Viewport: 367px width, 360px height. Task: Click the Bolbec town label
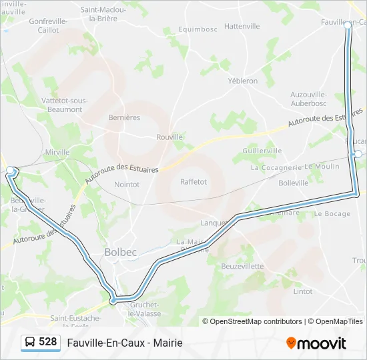[x=120, y=252]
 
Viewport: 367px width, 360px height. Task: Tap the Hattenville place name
[x=242, y=26]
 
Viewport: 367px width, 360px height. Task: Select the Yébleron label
[x=243, y=81]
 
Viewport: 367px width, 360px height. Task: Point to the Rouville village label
[x=169, y=137]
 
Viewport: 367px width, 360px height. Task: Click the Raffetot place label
[x=194, y=181]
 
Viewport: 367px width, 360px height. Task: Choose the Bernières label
[x=124, y=117]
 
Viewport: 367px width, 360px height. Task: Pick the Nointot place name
[x=127, y=184]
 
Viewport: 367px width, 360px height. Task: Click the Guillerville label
[x=263, y=151]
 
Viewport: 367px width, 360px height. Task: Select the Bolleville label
[x=294, y=183]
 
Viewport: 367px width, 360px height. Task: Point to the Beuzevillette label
[x=242, y=266]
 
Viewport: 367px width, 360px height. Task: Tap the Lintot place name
[x=302, y=291]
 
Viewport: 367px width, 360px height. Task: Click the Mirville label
[x=57, y=152]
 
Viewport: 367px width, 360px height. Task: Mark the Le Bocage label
[x=332, y=214]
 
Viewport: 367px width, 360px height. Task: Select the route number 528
[x=47, y=342]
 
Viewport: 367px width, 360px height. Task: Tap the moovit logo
[x=316, y=343]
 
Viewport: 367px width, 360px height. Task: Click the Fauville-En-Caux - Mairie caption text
[x=125, y=343]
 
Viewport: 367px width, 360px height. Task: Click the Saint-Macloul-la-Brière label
[x=105, y=14]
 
